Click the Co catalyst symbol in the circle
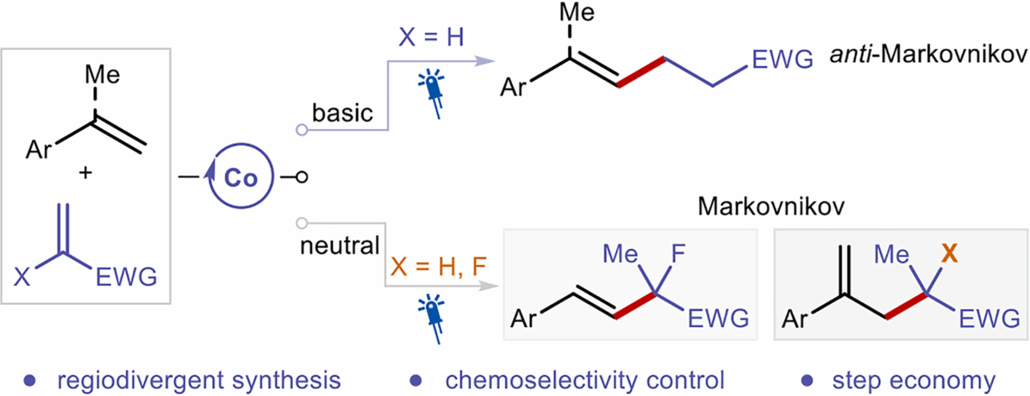pos(241,178)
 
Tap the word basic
pos(342,113)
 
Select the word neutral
pos(339,246)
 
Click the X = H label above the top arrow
pos(431,37)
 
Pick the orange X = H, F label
pos(438,266)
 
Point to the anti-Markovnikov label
pos(928,54)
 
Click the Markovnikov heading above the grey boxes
pos(771,206)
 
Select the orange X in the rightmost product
pos(949,254)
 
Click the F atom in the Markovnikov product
pos(678,254)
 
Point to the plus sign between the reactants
pos(85,173)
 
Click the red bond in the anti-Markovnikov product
pos(641,72)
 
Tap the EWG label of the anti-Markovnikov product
pos(782,59)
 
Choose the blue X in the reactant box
pos(22,277)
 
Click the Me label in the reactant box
pos(102,74)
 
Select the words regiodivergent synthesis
pos(199,380)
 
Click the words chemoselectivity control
pos(584,380)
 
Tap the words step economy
pos(914,380)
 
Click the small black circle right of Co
pos(301,177)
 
